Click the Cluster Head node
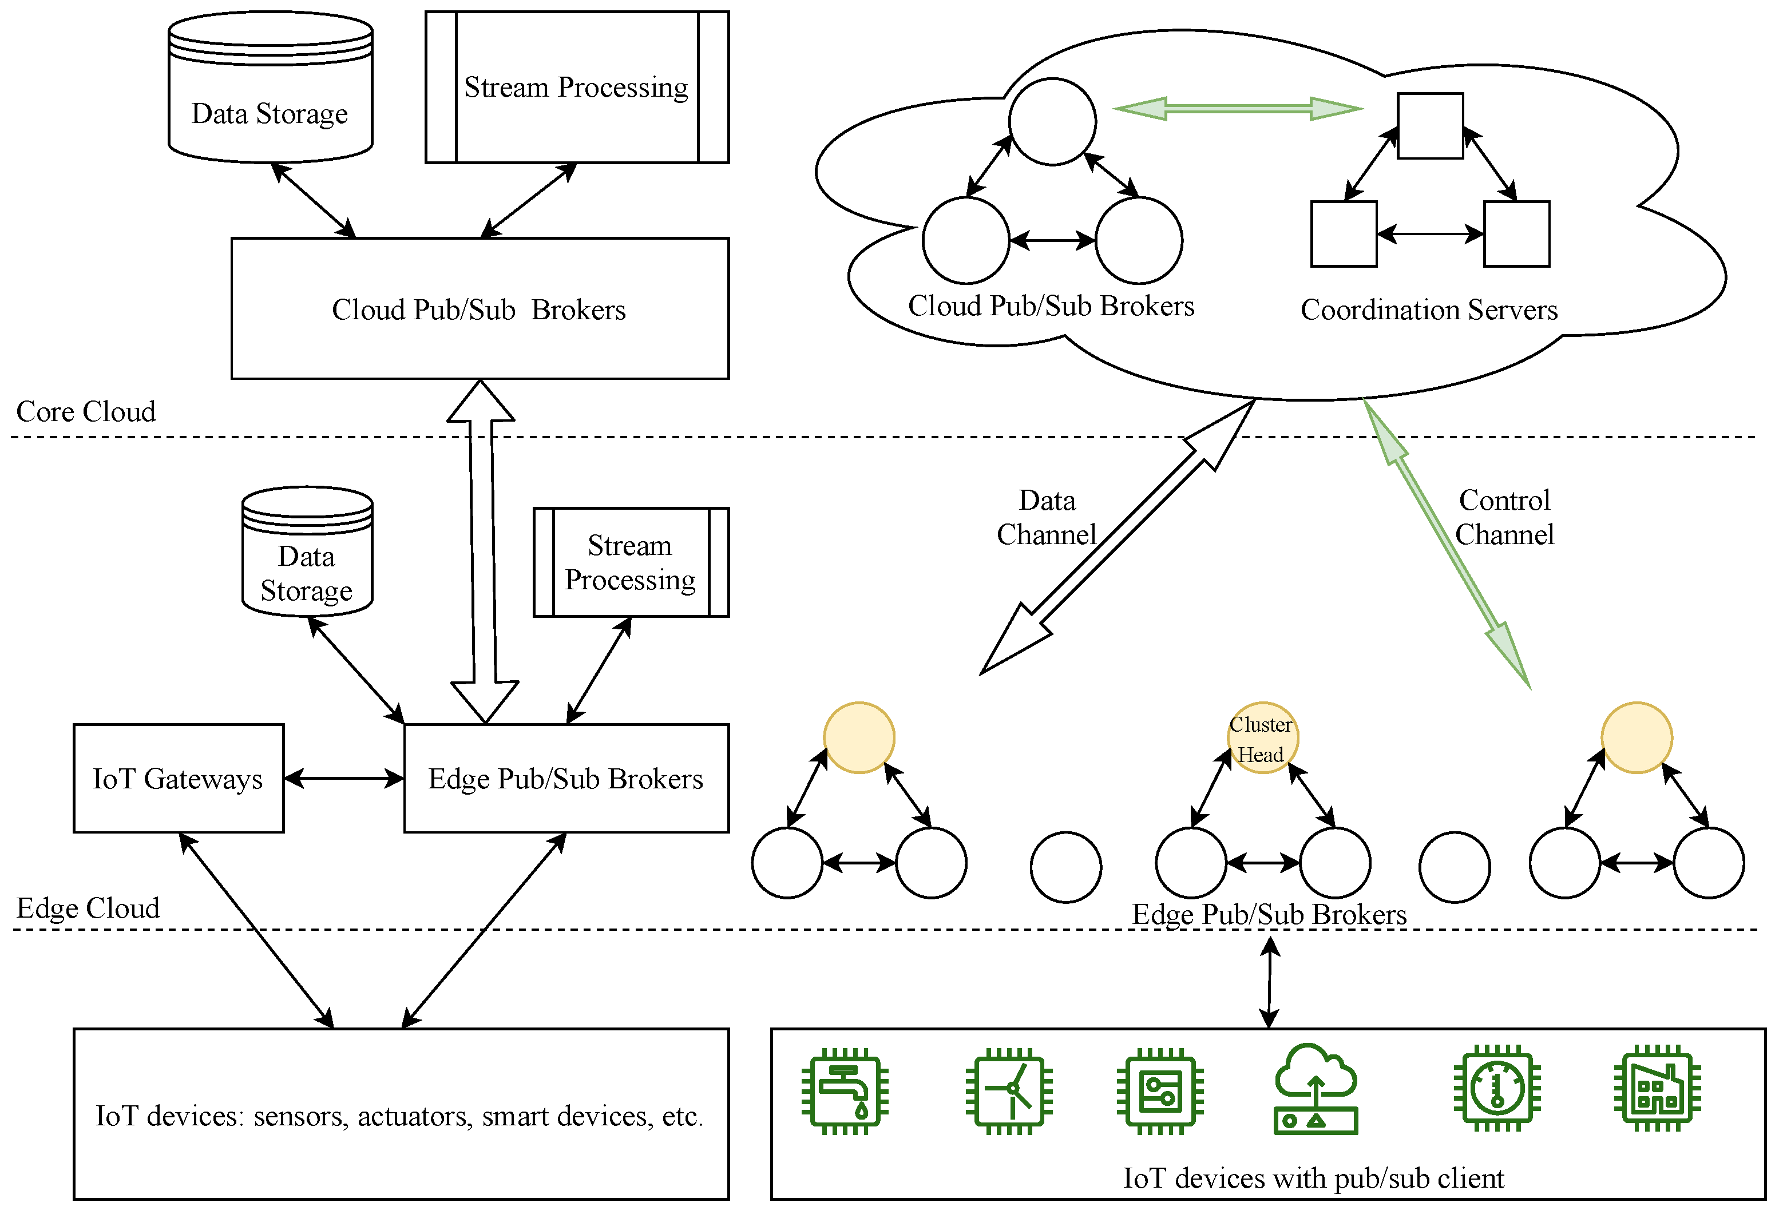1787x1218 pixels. click(x=1262, y=737)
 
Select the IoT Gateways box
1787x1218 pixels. click(x=179, y=778)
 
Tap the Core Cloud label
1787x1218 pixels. click(x=86, y=411)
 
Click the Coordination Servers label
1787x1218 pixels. click(x=1429, y=310)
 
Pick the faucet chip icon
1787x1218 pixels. click(x=845, y=1090)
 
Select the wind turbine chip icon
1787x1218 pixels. click(x=1009, y=1090)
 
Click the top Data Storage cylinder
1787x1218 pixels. click(x=271, y=89)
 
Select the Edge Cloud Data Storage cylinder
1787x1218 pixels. click(x=308, y=552)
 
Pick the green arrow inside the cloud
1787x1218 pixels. click(x=1238, y=109)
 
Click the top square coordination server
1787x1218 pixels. click(x=1430, y=126)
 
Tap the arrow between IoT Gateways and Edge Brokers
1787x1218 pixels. click(x=344, y=779)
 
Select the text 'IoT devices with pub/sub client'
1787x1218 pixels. click(x=1313, y=1178)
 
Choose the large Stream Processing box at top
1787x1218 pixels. click(x=577, y=87)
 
